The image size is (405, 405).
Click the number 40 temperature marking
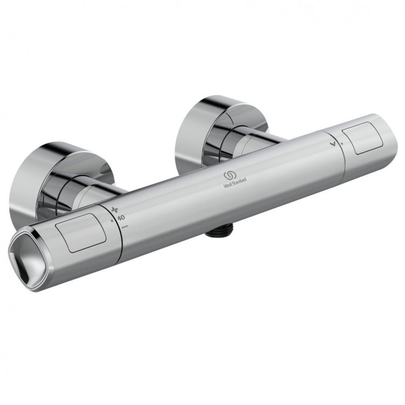pyautogui.click(x=120, y=218)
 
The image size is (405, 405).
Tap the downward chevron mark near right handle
pyautogui.click(x=337, y=143)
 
